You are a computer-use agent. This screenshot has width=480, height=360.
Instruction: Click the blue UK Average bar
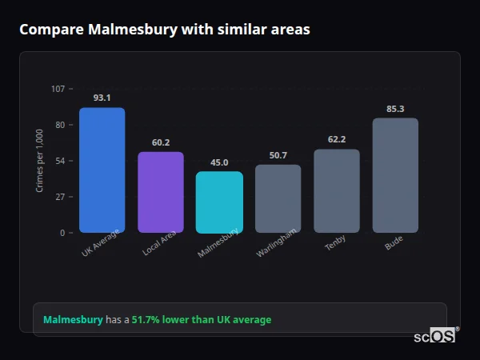coord(102,170)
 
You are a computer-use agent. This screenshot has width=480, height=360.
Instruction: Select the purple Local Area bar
coord(161,192)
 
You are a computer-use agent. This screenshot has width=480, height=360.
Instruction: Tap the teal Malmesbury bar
coord(219,202)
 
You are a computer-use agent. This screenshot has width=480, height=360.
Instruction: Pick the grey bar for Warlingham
coord(278,198)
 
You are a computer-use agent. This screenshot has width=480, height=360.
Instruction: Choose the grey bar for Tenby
coord(337,190)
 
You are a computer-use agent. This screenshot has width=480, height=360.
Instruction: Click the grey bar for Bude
coord(395,175)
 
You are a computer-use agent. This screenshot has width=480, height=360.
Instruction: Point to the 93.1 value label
coord(102,98)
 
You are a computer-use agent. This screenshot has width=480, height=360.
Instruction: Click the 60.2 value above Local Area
coord(161,142)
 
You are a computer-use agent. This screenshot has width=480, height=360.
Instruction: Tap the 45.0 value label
coord(219,162)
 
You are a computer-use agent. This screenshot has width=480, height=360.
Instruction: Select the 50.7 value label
coord(278,155)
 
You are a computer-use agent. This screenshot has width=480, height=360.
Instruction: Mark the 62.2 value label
coord(337,139)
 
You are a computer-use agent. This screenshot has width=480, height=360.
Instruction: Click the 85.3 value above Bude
coord(395,109)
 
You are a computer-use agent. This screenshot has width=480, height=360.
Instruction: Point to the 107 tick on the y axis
coord(58,89)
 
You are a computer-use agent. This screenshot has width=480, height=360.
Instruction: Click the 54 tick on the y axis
coord(60,161)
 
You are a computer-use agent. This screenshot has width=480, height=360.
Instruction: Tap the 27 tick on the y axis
coord(60,197)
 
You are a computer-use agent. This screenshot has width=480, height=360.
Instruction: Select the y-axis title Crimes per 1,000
coord(40,161)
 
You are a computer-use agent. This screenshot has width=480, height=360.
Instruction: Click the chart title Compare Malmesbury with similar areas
coord(164,30)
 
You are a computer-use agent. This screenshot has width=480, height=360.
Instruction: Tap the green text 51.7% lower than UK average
coord(202,320)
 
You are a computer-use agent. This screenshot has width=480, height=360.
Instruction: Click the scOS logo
coord(435,336)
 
